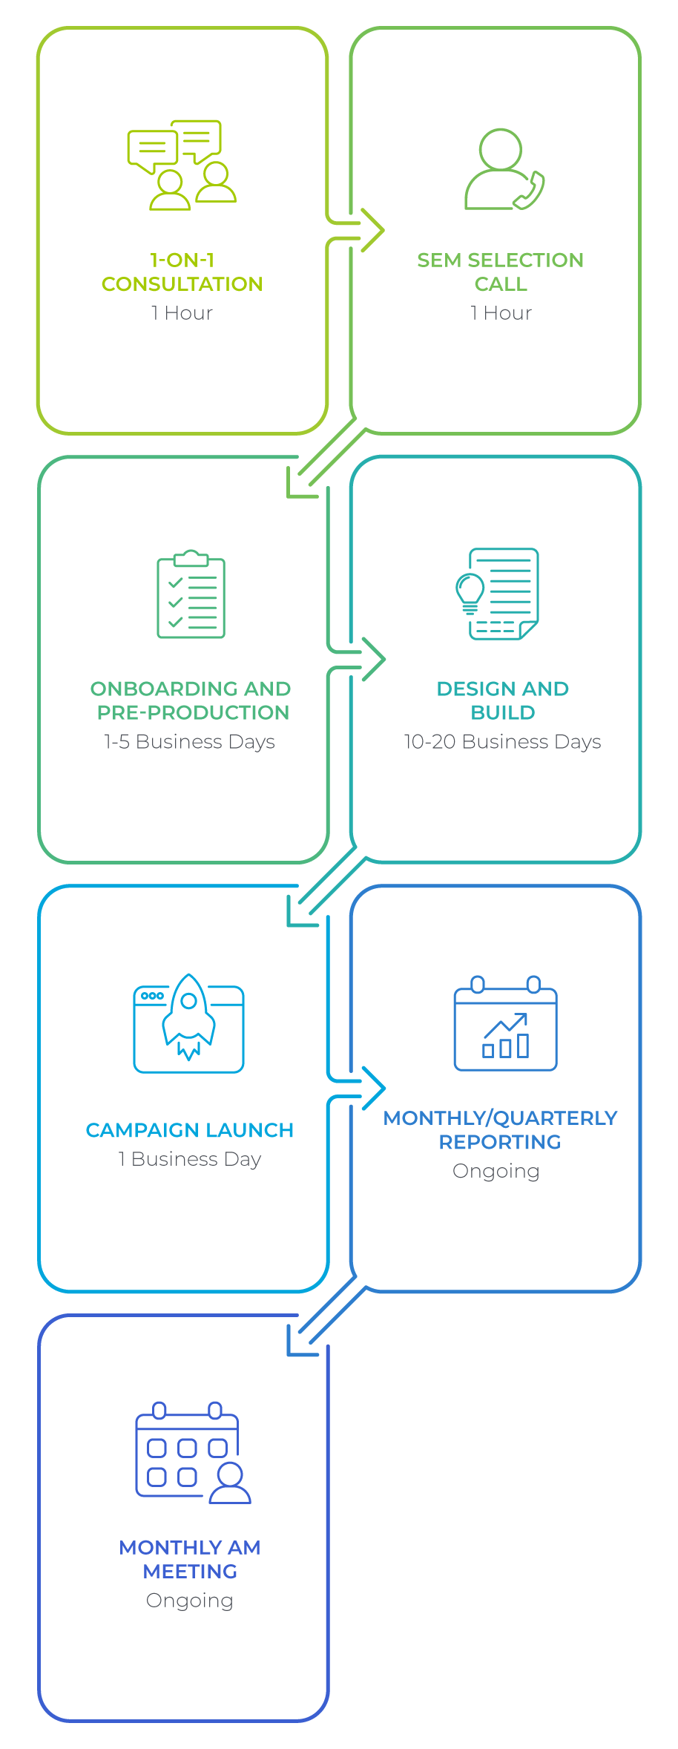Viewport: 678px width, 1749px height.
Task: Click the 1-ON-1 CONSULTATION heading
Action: coord(182,272)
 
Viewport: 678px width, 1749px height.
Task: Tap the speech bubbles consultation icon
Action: coord(182,164)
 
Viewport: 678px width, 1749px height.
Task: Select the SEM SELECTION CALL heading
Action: coord(501,272)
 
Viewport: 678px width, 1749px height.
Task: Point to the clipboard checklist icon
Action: coord(191,594)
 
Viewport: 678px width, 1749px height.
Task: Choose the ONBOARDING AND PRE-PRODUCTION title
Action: coord(191,700)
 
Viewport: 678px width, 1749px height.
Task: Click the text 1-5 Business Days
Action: coord(190,742)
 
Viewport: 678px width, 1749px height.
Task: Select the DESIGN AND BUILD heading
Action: coord(503,700)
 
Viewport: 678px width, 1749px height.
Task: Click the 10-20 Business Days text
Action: coord(502,742)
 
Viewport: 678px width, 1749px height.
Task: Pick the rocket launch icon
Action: coord(189,1022)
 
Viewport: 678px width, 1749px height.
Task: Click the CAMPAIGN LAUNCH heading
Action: coord(190,1130)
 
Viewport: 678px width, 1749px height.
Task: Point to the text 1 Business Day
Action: coord(190,1159)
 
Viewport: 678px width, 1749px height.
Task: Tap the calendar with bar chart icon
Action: coord(505,1024)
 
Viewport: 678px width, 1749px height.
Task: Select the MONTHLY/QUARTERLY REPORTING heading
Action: coord(501,1130)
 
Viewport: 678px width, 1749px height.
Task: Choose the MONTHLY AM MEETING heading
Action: coord(190,1559)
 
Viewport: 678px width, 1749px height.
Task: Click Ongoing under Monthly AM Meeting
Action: coord(190,1601)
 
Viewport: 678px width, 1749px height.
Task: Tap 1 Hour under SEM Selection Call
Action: coord(501,313)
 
